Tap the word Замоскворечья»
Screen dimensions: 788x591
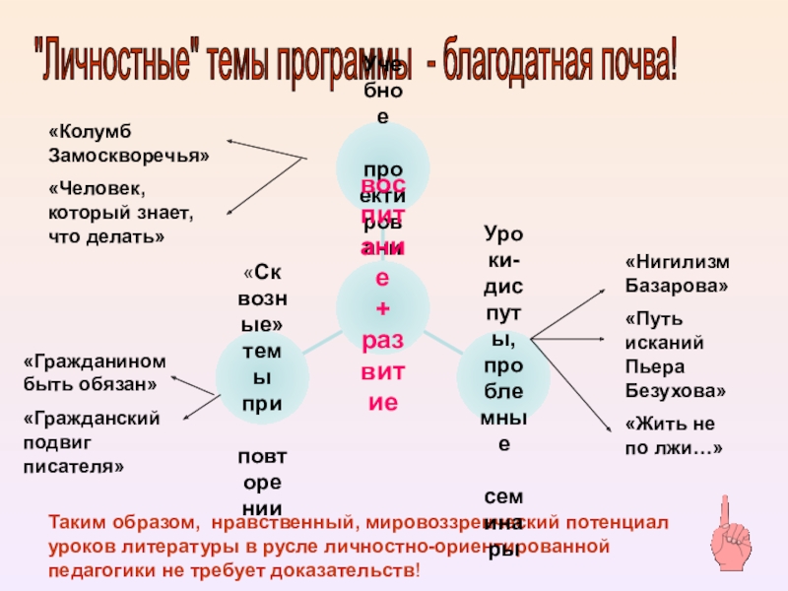coord(129,155)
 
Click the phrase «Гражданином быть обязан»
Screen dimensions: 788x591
coord(95,371)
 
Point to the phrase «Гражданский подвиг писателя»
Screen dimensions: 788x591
coord(91,442)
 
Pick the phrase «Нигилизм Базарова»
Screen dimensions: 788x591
coord(678,275)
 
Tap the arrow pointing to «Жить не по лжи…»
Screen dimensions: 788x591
coord(571,384)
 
